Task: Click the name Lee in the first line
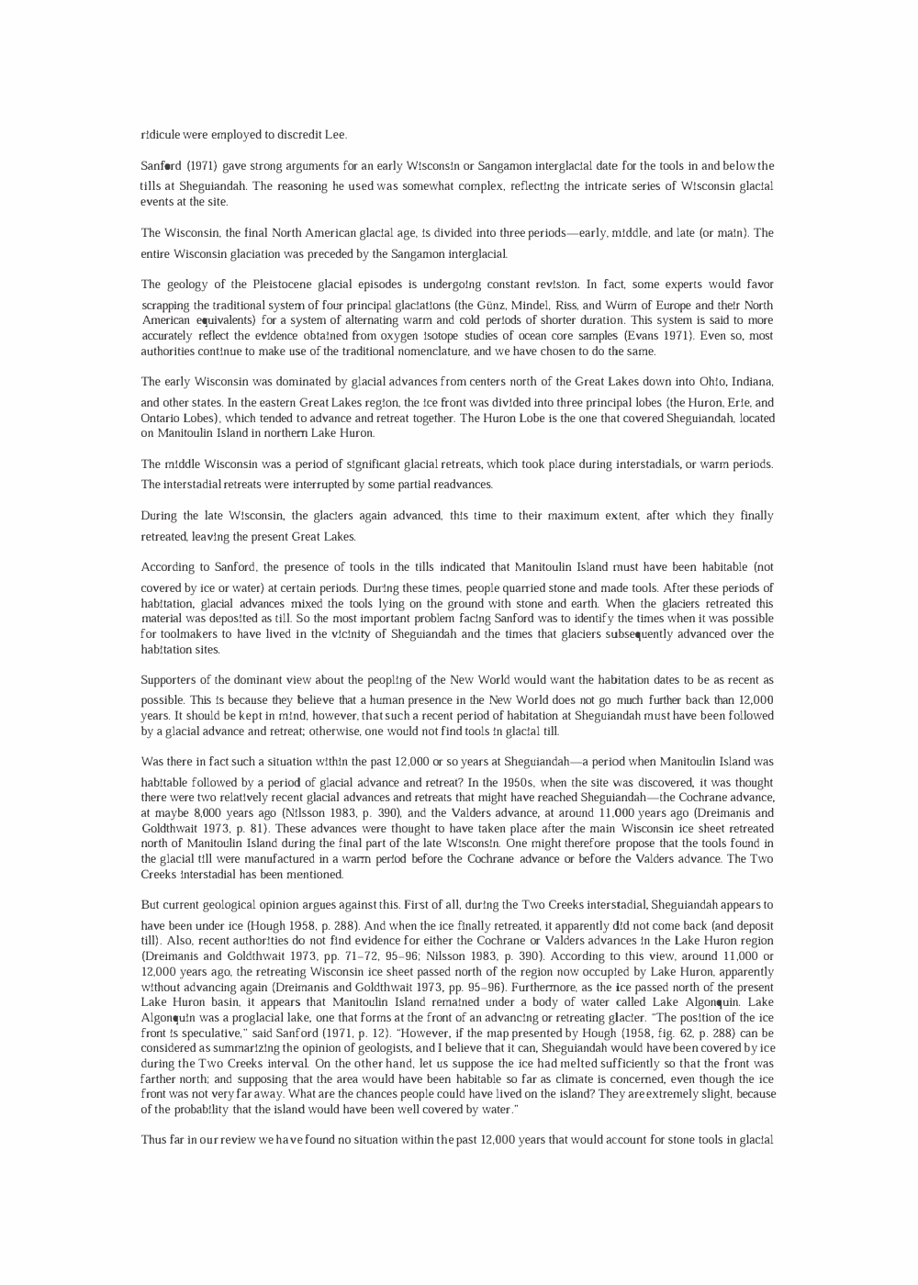[336, 135]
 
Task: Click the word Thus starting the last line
[153, 1140]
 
